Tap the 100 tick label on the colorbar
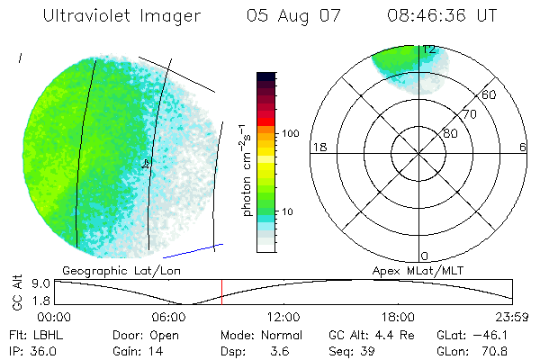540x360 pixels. tap(289, 133)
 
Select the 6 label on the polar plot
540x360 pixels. tap(523, 147)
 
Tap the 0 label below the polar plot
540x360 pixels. tap(425, 256)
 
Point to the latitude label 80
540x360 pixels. tap(450, 133)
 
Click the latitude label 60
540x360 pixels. tap(490, 94)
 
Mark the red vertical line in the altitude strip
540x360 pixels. tap(221, 292)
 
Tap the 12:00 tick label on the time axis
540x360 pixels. tap(283, 317)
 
